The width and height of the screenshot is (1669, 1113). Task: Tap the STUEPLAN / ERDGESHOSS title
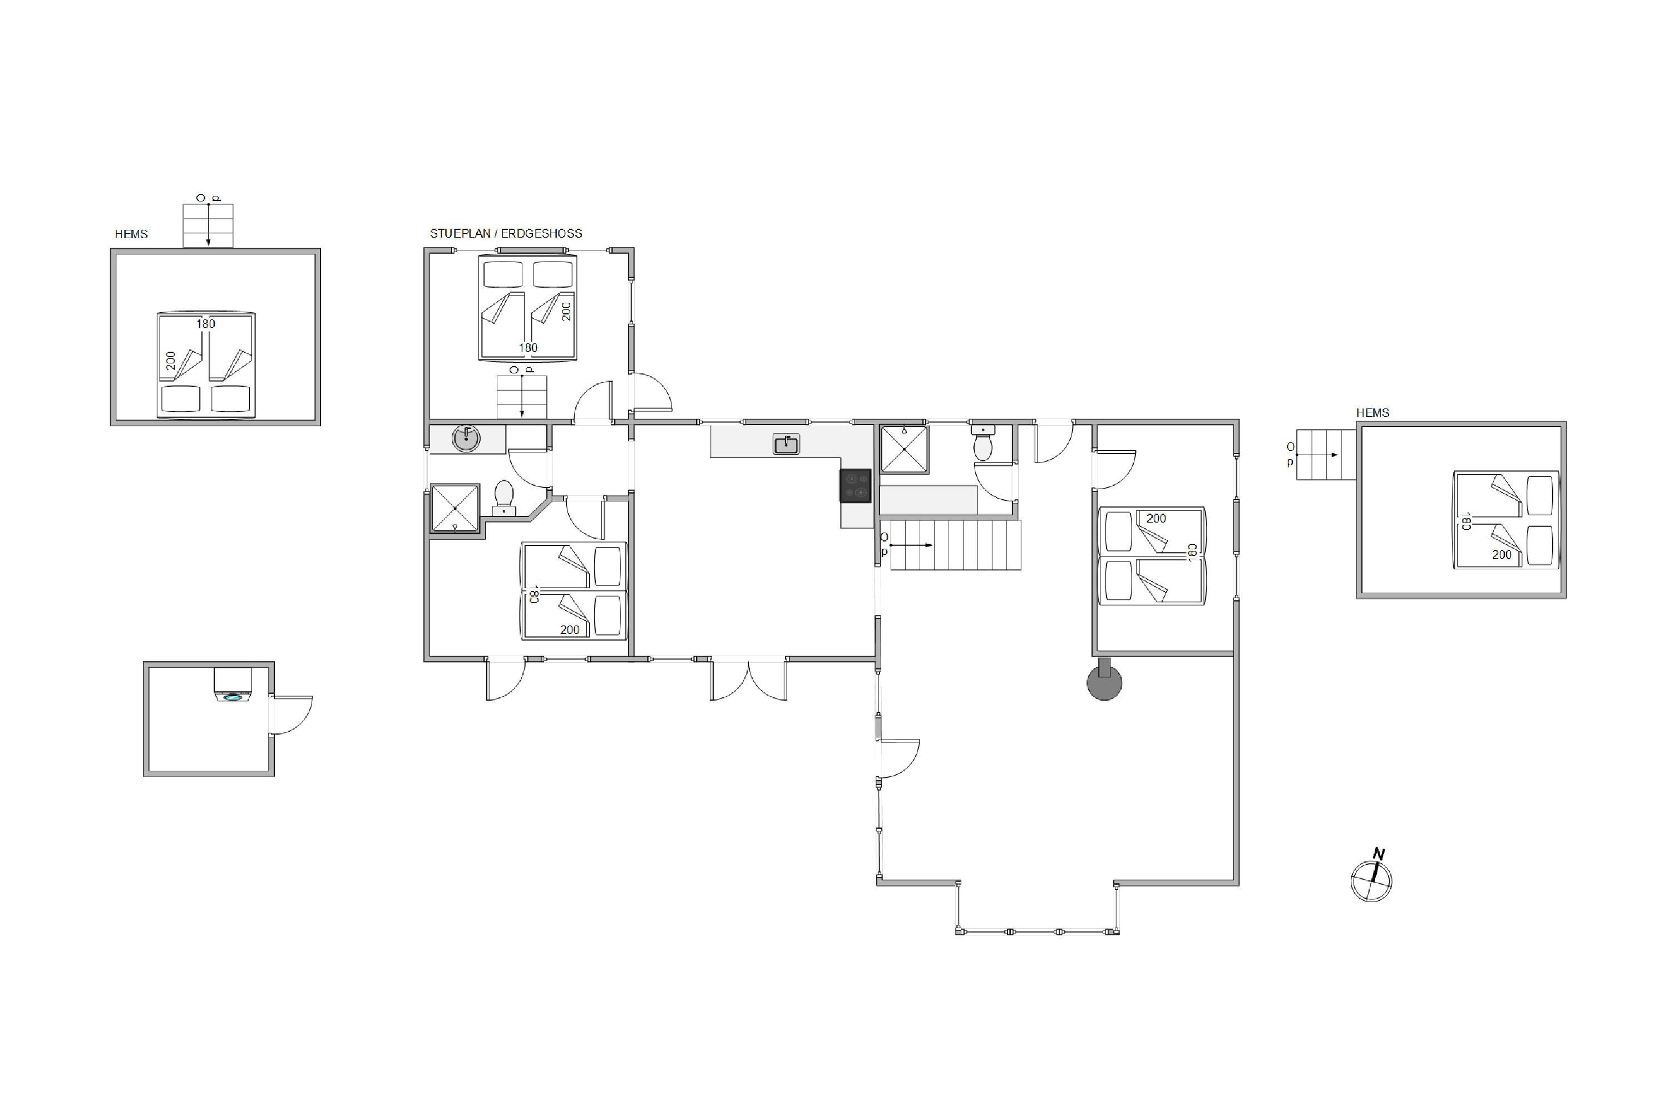(x=506, y=234)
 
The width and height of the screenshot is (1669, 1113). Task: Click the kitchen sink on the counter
(x=786, y=444)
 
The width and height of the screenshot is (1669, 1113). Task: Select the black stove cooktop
(x=856, y=485)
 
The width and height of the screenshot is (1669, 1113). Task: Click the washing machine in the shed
(x=233, y=685)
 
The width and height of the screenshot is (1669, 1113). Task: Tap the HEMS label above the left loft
(x=131, y=234)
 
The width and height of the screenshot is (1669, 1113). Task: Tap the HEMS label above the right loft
(x=1372, y=412)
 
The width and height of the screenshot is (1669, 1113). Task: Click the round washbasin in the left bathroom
(x=466, y=439)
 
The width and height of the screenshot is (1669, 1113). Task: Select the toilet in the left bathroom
(x=504, y=497)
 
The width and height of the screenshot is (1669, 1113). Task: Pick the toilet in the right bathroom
(x=983, y=444)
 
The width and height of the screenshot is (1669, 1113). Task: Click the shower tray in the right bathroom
(x=904, y=449)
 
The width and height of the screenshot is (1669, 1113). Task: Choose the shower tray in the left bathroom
(x=455, y=508)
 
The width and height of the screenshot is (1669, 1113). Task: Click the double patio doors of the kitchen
(x=749, y=679)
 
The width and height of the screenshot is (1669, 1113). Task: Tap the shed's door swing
(x=291, y=715)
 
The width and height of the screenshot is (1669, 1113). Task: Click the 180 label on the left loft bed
(x=206, y=324)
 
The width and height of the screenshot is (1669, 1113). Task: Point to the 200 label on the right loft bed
(x=1502, y=554)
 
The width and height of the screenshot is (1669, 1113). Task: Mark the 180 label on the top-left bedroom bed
(x=528, y=348)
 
